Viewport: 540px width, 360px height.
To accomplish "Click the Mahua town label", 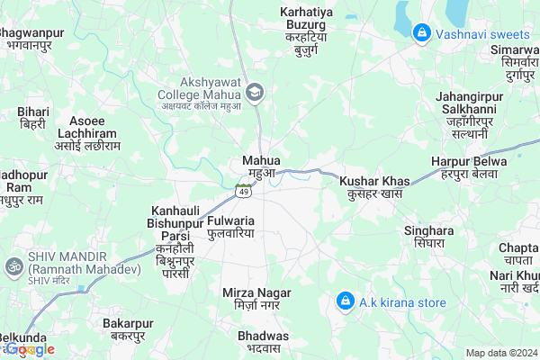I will (262, 160).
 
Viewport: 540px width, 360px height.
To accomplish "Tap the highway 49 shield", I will (243, 190).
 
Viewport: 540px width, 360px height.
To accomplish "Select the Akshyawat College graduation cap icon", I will (256, 92).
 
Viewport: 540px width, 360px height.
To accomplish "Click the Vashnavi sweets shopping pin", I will (420, 33).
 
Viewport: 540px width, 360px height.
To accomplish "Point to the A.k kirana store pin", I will (344, 301).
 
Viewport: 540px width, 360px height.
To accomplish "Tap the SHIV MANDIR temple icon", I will (13, 266).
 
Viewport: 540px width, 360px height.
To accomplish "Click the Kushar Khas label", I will (374, 182).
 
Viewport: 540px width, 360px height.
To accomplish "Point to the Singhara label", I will (428, 230).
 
